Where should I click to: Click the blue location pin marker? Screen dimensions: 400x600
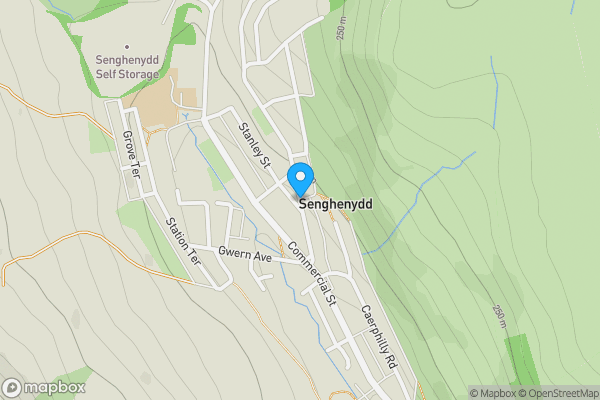point(300,179)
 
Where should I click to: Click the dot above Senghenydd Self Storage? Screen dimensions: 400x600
point(127,46)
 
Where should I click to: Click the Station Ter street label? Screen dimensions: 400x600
point(183,240)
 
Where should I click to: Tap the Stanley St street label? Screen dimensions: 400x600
point(254,144)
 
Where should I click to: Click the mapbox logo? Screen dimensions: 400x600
point(44,387)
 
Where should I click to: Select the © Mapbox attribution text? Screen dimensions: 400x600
point(493,393)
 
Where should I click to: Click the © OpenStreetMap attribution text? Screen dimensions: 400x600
point(559,393)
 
